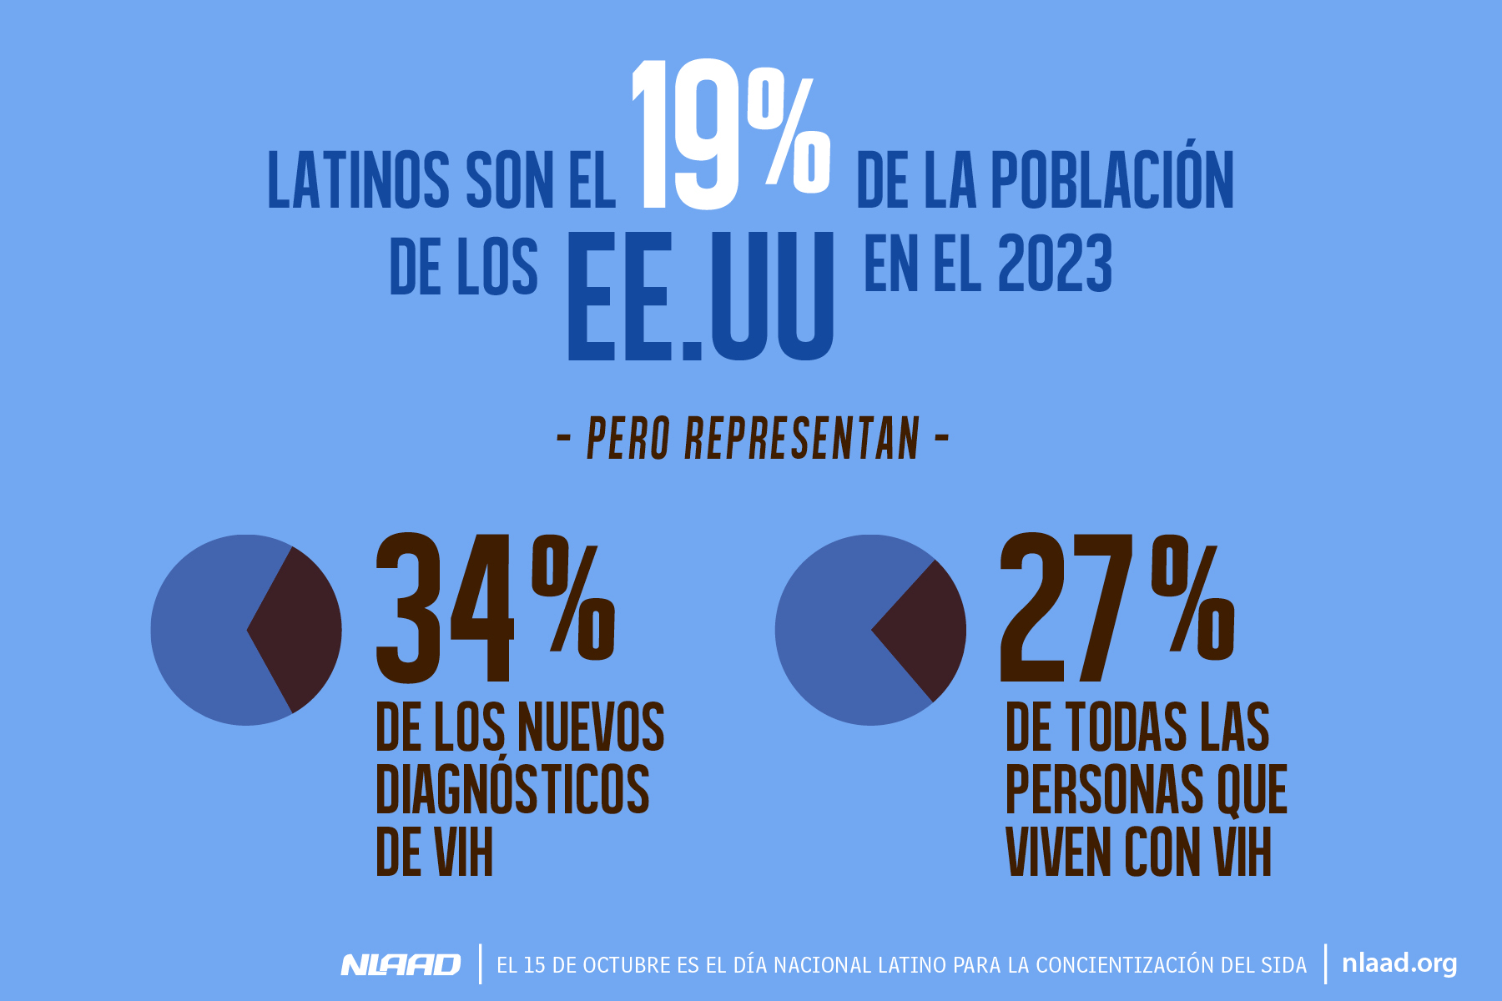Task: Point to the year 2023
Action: [x=1055, y=264]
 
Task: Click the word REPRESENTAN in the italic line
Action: [x=801, y=439]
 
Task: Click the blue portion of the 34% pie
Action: [x=200, y=630]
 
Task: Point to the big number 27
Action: [x=1068, y=609]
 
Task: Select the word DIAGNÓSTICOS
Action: [x=512, y=789]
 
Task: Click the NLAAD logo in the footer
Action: [x=401, y=965]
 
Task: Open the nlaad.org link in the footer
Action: [x=1399, y=963]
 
